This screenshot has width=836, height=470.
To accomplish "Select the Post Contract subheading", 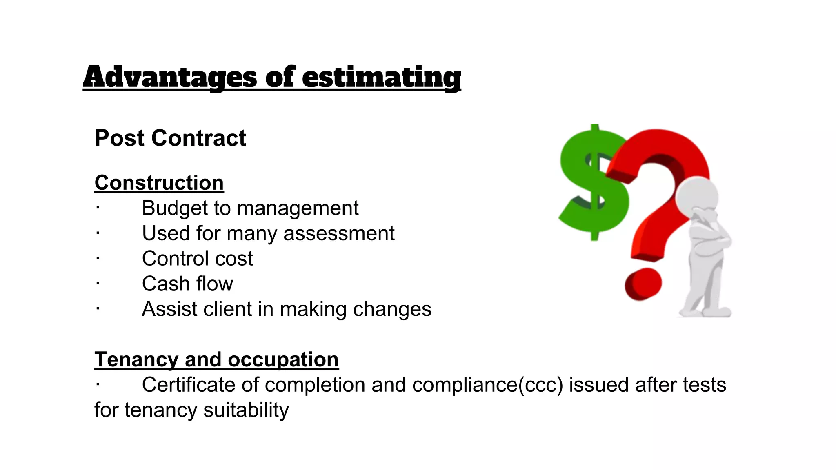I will pos(170,138).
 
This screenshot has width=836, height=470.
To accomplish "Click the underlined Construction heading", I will pos(159,183).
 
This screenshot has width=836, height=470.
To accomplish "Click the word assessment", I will pos(339,233).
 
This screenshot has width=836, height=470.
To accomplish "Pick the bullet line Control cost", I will pos(197,259).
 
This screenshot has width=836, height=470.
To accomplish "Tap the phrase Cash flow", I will pos(187,284).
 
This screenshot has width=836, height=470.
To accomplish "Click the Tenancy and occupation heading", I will pos(216,360).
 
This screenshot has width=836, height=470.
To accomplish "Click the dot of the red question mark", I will pos(643,284).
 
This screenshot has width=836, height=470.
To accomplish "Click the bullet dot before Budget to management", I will pos(98,208).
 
